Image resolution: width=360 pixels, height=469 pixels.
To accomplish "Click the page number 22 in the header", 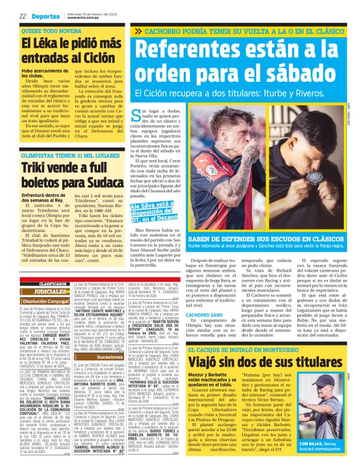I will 22,16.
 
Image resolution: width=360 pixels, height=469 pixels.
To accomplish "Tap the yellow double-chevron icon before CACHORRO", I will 138,31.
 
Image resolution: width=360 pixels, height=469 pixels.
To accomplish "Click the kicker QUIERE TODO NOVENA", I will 47,30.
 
